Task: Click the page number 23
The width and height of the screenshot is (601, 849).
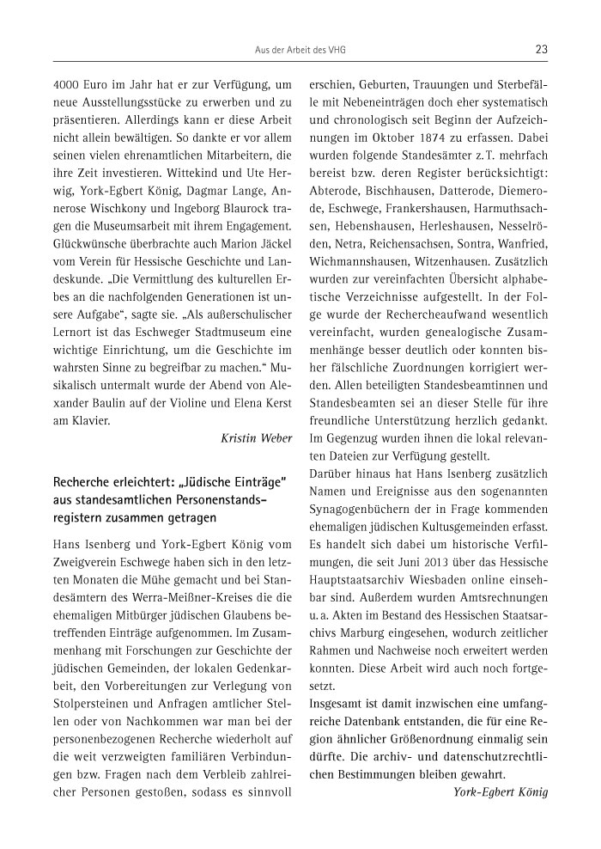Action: (x=541, y=49)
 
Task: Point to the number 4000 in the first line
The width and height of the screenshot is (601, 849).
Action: (x=68, y=85)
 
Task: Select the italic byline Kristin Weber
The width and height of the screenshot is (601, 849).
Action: (x=257, y=437)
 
